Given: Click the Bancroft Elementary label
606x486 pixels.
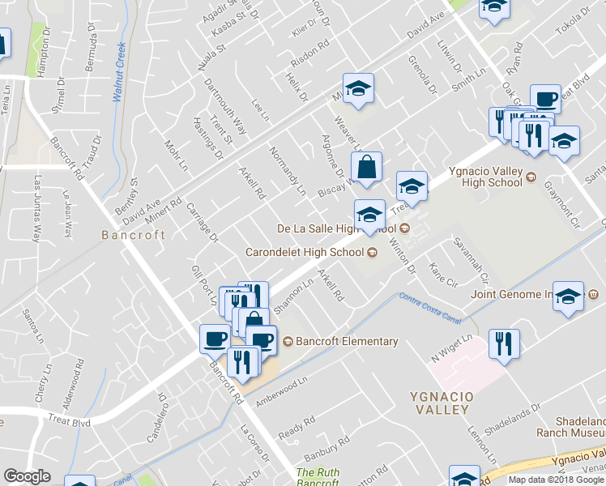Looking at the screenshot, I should point(347,341).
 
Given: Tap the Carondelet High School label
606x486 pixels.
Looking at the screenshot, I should point(305,252).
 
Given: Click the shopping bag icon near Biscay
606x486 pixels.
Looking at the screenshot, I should point(366,168).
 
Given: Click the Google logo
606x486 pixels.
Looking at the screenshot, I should point(28,476).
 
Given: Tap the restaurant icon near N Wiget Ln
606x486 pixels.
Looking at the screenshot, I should point(504,344).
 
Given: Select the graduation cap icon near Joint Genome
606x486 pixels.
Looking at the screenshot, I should point(570,296).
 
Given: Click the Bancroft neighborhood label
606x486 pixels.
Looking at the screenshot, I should point(133,235).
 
